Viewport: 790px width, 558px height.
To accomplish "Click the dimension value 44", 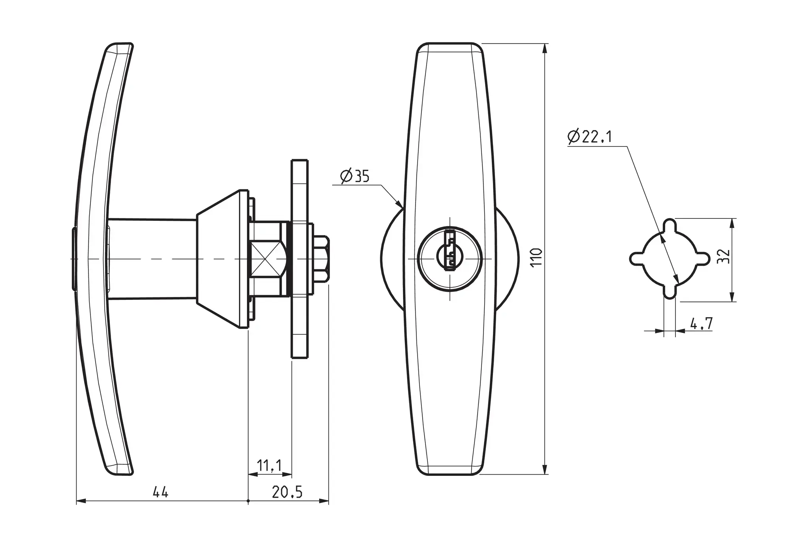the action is pyautogui.click(x=160, y=492).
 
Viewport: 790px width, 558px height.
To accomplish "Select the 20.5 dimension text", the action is pyautogui.click(x=287, y=492).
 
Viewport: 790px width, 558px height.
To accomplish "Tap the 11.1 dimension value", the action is pyautogui.click(x=269, y=466).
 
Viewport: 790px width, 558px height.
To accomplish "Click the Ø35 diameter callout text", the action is pyautogui.click(x=355, y=176).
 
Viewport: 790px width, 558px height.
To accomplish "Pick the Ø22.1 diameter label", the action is pyautogui.click(x=589, y=137).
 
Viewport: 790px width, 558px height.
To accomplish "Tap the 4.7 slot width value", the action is pyautogui.click(x=702, y=324).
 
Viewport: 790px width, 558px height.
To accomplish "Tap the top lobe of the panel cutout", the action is pyautogui.click(x=670, y=227).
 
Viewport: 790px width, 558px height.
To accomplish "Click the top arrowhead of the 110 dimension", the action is pyautogui.click(x=545, y=48).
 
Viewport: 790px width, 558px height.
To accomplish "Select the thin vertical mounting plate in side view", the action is pyautogui.click(x=299, y=259).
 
